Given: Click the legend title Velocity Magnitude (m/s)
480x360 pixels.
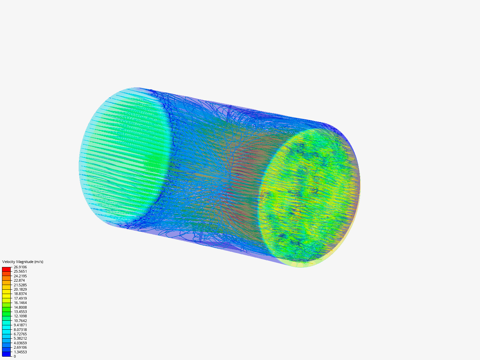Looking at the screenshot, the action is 23,262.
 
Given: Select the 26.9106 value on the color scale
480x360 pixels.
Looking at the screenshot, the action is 20,267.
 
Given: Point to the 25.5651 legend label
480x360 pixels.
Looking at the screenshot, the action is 20,271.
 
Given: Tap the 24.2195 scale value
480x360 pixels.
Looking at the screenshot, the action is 20,276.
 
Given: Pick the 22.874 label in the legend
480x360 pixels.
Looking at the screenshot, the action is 19,280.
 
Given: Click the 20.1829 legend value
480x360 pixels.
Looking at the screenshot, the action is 20,289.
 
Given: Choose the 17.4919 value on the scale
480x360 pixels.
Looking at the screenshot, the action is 20,298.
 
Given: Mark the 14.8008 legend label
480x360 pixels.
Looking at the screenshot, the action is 20,307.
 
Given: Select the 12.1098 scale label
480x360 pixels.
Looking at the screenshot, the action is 20,316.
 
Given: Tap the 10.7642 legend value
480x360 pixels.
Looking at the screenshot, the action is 20,321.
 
